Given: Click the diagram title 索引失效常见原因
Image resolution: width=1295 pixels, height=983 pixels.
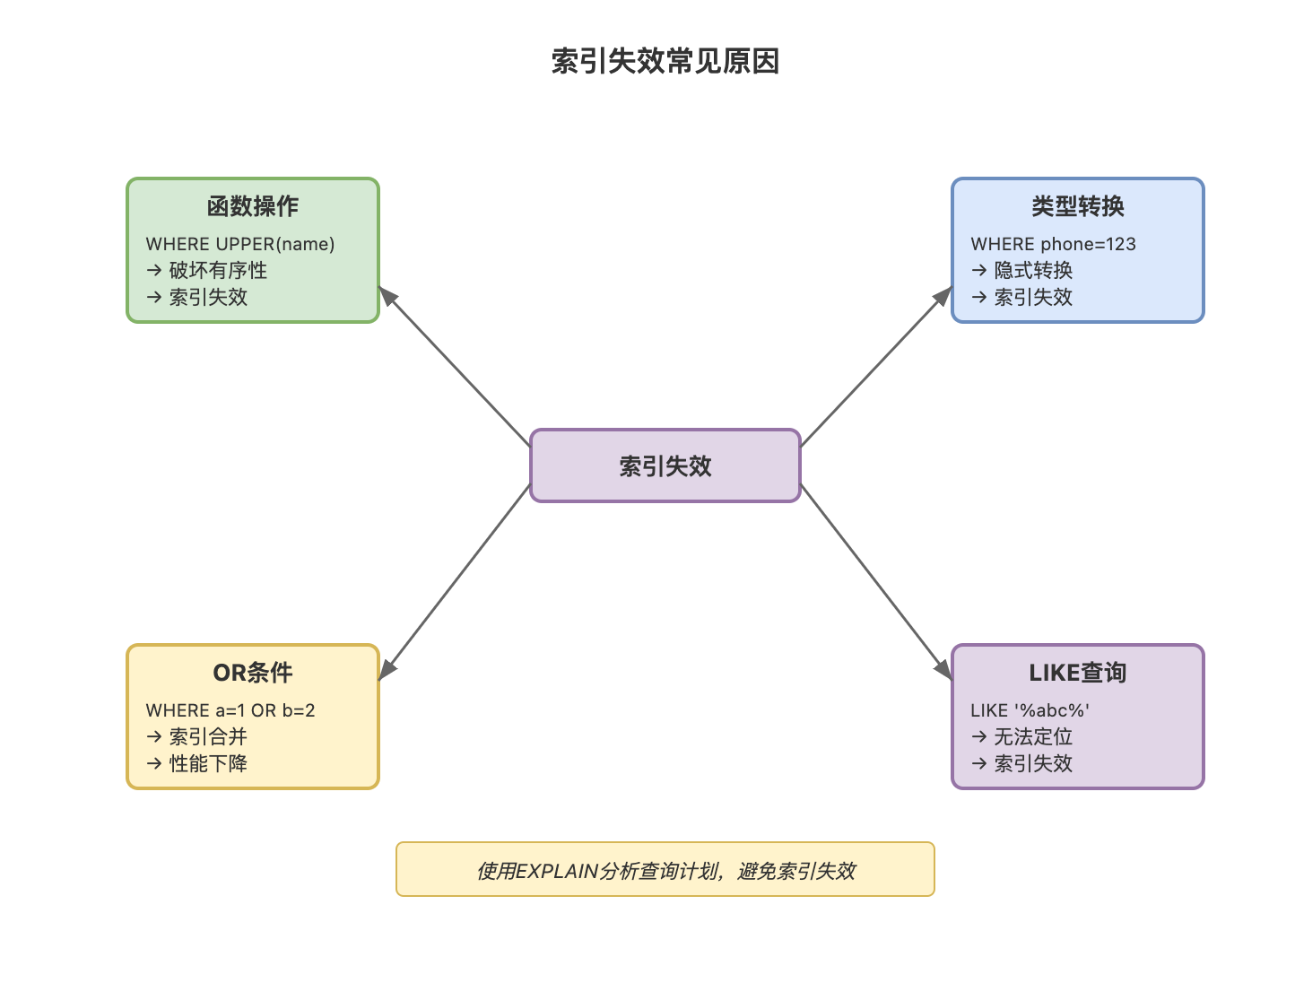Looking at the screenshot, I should coord(665,61).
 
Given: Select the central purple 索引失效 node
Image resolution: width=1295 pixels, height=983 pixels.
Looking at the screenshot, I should coord(665,465).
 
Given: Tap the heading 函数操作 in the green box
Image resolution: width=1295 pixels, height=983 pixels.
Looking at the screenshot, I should coord(253,206).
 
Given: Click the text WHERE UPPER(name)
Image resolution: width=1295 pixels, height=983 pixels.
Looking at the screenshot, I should coord(240,244).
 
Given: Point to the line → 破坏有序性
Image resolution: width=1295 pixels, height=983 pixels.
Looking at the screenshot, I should coord(207,270).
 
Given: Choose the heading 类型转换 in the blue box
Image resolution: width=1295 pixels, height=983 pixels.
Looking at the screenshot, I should coord(1077,206).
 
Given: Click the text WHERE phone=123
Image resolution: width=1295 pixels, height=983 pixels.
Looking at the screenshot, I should coord(1053,244).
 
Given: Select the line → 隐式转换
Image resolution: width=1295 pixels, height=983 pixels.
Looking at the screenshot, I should coord(1022,270).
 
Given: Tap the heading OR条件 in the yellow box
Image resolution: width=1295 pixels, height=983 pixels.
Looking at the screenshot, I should coord(253,673).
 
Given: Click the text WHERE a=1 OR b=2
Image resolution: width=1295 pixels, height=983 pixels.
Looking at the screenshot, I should coord(230,710).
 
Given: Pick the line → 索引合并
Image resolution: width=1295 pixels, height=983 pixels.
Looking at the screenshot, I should coord(197,736).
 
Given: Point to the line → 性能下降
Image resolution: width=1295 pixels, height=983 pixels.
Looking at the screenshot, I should coord(197,763).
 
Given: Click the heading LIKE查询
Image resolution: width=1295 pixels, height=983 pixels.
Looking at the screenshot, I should coord(1077,673).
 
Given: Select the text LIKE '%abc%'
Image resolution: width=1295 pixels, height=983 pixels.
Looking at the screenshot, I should coord(1030,710).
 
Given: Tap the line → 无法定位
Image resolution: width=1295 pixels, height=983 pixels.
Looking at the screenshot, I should coord(1022,736).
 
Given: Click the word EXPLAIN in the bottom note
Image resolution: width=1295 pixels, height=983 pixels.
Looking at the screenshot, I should coord(557,871).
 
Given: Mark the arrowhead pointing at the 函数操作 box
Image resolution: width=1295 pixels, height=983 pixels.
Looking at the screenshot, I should coord(387,296).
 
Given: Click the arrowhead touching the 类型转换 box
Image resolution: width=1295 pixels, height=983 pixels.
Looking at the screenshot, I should coord(943,296).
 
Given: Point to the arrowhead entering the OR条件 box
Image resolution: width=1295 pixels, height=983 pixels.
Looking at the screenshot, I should coord(387,670).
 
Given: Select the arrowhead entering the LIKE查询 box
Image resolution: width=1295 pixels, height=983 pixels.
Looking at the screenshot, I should coord(943,670).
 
